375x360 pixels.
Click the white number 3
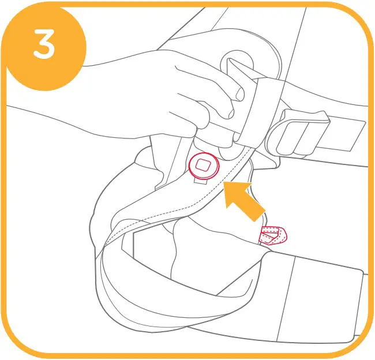click(44, 44)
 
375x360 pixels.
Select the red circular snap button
click(204, 166)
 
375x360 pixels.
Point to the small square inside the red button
click(204, 165)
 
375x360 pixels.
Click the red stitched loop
click(273, 235)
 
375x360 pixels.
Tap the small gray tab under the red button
click(201, 182)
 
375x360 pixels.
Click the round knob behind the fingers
click(237, 63)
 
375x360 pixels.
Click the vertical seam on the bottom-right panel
click(286, 299)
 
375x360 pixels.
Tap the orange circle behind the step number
click(46, 48)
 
